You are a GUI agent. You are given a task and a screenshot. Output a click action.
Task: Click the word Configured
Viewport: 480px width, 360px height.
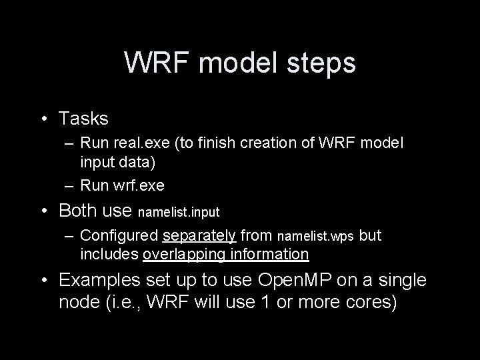pos(117,236)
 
